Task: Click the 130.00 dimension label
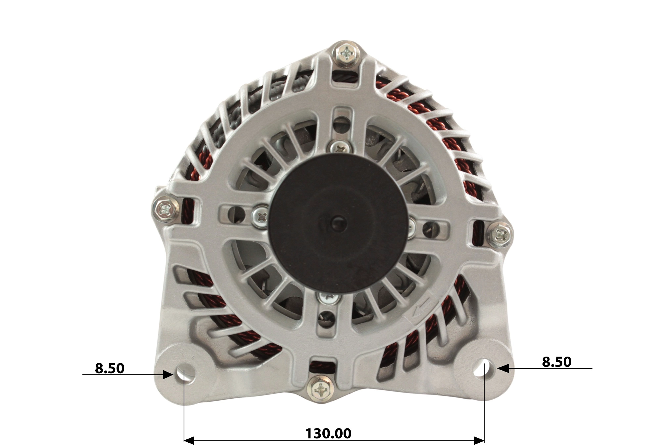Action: click(x=328, y=433)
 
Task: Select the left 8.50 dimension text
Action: click(x=110, y=368)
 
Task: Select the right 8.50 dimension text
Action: click(x=556, y=362)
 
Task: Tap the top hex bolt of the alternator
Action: click(x=346, y=54)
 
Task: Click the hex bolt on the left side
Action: click(x=165, y=209)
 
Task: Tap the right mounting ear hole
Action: click(x=482, y=369)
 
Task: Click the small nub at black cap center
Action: click(x=338, y=224)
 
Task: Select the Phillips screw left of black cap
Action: click(x=261, y=217)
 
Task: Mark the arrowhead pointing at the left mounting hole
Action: click(x=168, y=374)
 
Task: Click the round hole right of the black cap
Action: click(x=431, y=229)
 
